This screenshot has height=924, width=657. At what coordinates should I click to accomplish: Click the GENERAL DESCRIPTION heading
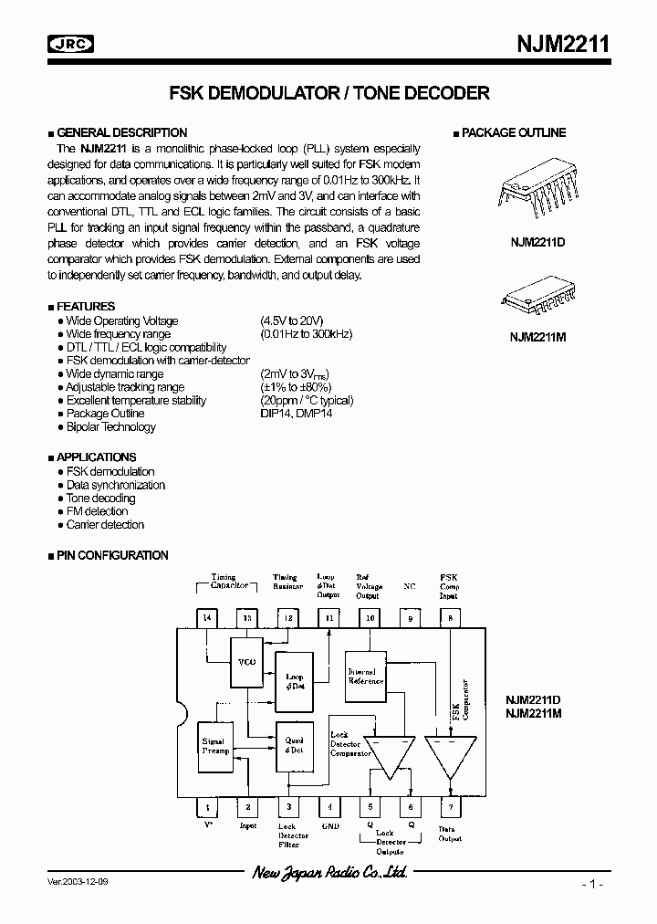pos(121,132)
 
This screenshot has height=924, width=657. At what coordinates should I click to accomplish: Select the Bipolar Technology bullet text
pos(110,427)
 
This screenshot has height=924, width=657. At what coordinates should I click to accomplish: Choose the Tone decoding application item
pos(100,499)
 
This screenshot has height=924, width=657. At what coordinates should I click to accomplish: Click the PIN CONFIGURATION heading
pos(112,555)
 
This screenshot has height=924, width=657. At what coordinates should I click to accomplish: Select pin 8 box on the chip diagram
pos(449,618)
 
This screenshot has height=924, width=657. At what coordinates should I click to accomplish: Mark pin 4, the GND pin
pos(329,806)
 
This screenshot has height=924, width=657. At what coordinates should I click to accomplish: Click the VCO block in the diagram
pos(245,661)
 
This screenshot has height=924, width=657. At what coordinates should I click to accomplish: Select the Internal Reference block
pos(367,676)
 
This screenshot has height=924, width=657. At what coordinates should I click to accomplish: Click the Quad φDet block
pos(295,744)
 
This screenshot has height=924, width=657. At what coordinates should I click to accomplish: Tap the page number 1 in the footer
pos(592,885)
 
